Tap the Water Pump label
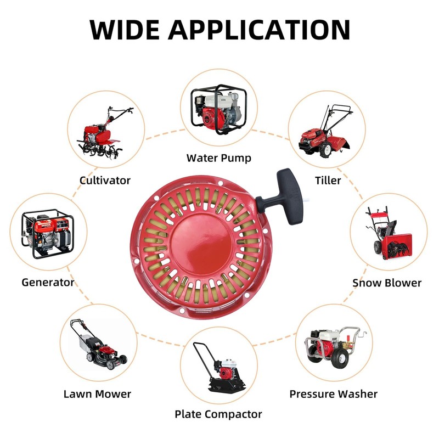pos(219,158)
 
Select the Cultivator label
pos(105,180)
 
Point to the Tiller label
pos(328,180)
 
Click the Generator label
pos(48,283)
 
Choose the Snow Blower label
pos(387,283)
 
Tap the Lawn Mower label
pos(98,394)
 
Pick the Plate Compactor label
pos(218,414)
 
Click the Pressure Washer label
pos(334,394)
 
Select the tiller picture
pos(328,132)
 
